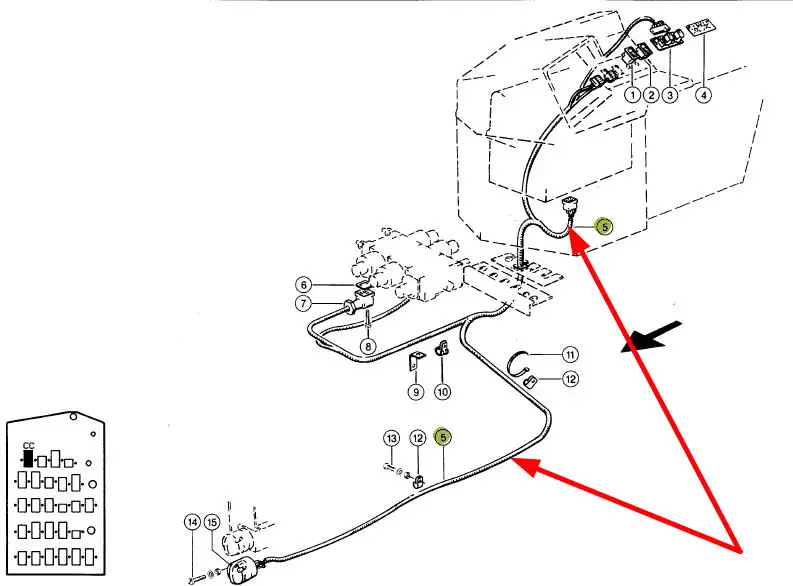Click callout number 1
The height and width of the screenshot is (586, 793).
(x=633, y=95)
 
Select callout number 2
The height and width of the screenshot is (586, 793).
(x=651, y=95)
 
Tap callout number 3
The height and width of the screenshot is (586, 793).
(x=670, y=95)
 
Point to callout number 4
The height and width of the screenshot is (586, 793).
(x=704, y=95)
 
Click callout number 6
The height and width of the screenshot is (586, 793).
(x=305, y=284)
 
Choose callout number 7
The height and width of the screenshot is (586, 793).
(x=305, y=303)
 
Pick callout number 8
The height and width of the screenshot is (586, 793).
(x=368, y=347)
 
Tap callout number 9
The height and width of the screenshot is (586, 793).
(x=415, y=392)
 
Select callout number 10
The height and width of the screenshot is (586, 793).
(x=442, y=392)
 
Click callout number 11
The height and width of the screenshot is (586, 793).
(x=570, y=354)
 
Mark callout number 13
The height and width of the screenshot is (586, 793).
(x=392, y=439)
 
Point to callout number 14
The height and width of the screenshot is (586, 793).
(x=192, y=521)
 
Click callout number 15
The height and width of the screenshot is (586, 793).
(x=211, y=521)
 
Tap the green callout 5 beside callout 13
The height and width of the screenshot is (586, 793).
(x=444, y=437)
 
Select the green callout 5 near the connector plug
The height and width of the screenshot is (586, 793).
(x=603, y=226)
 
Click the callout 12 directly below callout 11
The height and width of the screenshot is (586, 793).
(x=570, y=379)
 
